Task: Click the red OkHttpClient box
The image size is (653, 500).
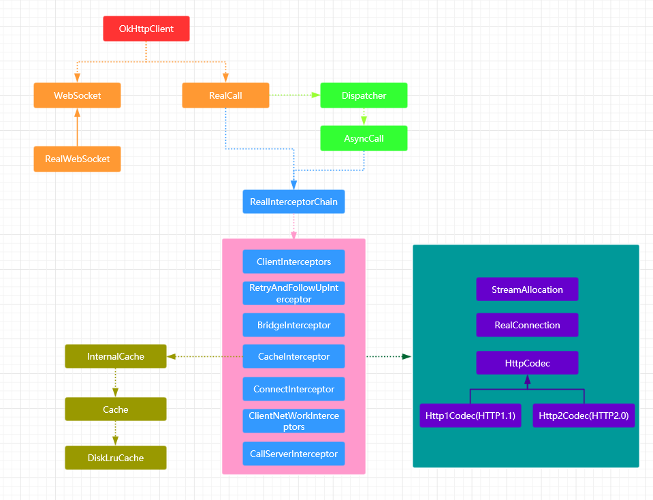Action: tap(146, 29)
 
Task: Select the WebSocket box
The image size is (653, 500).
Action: tap(77, 95)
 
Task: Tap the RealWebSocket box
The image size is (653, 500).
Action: tap(77, 159)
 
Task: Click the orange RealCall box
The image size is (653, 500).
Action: tap(225, 95)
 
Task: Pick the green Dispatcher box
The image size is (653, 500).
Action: tap(364, 95)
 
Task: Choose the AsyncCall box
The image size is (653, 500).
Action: tap(364, 138)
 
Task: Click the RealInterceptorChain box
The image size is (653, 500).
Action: tap(293, 202)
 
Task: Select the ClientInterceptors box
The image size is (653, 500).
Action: tap(293, 262)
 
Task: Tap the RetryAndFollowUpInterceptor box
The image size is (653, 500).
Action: tap(293, 294)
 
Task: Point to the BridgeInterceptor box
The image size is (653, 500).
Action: tap(293, 325)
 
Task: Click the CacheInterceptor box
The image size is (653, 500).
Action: tap(293, 356)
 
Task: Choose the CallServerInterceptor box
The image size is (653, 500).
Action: tap(293, 454)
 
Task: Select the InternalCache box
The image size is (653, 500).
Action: tap(115, 356)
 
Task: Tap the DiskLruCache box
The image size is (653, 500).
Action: tap(115, 458)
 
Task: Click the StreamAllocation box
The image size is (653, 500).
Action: tap(527, 290)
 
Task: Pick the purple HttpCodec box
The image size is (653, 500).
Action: tap(527, 363)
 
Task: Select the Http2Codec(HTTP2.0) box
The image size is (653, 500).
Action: tap(584, 415)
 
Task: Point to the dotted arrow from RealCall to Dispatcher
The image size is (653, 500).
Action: tap(295, 95)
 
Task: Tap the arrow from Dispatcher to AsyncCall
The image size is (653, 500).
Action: tap(364, 117)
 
